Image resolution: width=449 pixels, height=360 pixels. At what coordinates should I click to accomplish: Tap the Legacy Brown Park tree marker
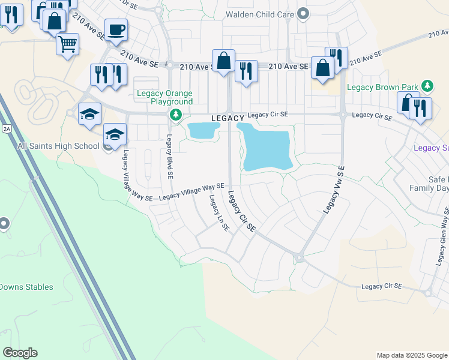[x=427, y=86]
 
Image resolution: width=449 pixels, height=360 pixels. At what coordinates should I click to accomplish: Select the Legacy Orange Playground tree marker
[x=175, y=114]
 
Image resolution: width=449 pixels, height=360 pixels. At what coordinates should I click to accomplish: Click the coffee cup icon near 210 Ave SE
[x=116, y=29]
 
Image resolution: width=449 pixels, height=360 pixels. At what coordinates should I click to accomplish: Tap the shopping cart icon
[x=67, y=43]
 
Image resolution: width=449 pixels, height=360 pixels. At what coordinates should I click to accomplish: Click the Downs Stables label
[x=26, y=287]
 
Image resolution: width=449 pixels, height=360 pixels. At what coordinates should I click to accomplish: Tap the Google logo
[x=20, y=353]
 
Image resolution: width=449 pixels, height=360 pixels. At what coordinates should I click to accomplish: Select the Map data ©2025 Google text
[x=412, y=355]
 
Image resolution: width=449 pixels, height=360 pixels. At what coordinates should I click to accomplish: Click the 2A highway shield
[x=7, y=128]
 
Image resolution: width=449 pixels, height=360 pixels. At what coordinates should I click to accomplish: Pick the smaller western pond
[x=203, y=130]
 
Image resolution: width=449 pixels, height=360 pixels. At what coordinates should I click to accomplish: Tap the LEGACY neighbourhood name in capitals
[x=228, y=118]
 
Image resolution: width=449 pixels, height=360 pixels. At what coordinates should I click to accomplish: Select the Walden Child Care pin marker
[x=303, y=13]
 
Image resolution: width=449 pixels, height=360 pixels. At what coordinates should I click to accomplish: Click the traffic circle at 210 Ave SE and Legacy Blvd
[x=170, y=65]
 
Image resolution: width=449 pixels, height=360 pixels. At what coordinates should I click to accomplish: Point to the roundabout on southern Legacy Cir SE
[x=298, y=258]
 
